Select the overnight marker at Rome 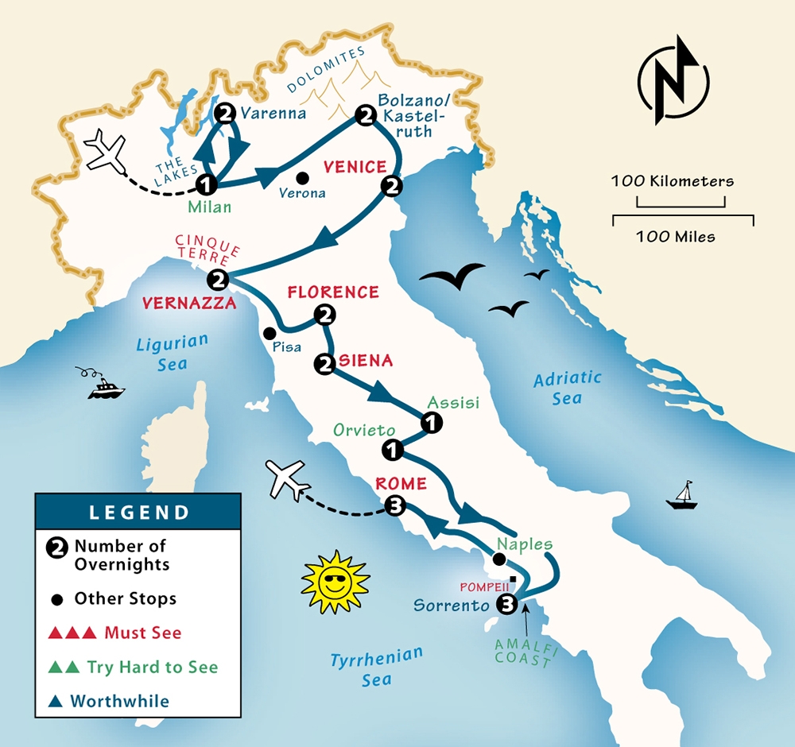coord(395,505)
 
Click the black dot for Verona coord(302,178)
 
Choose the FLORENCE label coord(333,292)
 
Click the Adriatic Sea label coord(568,388)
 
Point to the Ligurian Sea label coord(172,350)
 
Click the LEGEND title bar coord(138,512)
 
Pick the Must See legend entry coord(115,633)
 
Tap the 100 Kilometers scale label coord(672,181)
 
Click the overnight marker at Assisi coord(430,424)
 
